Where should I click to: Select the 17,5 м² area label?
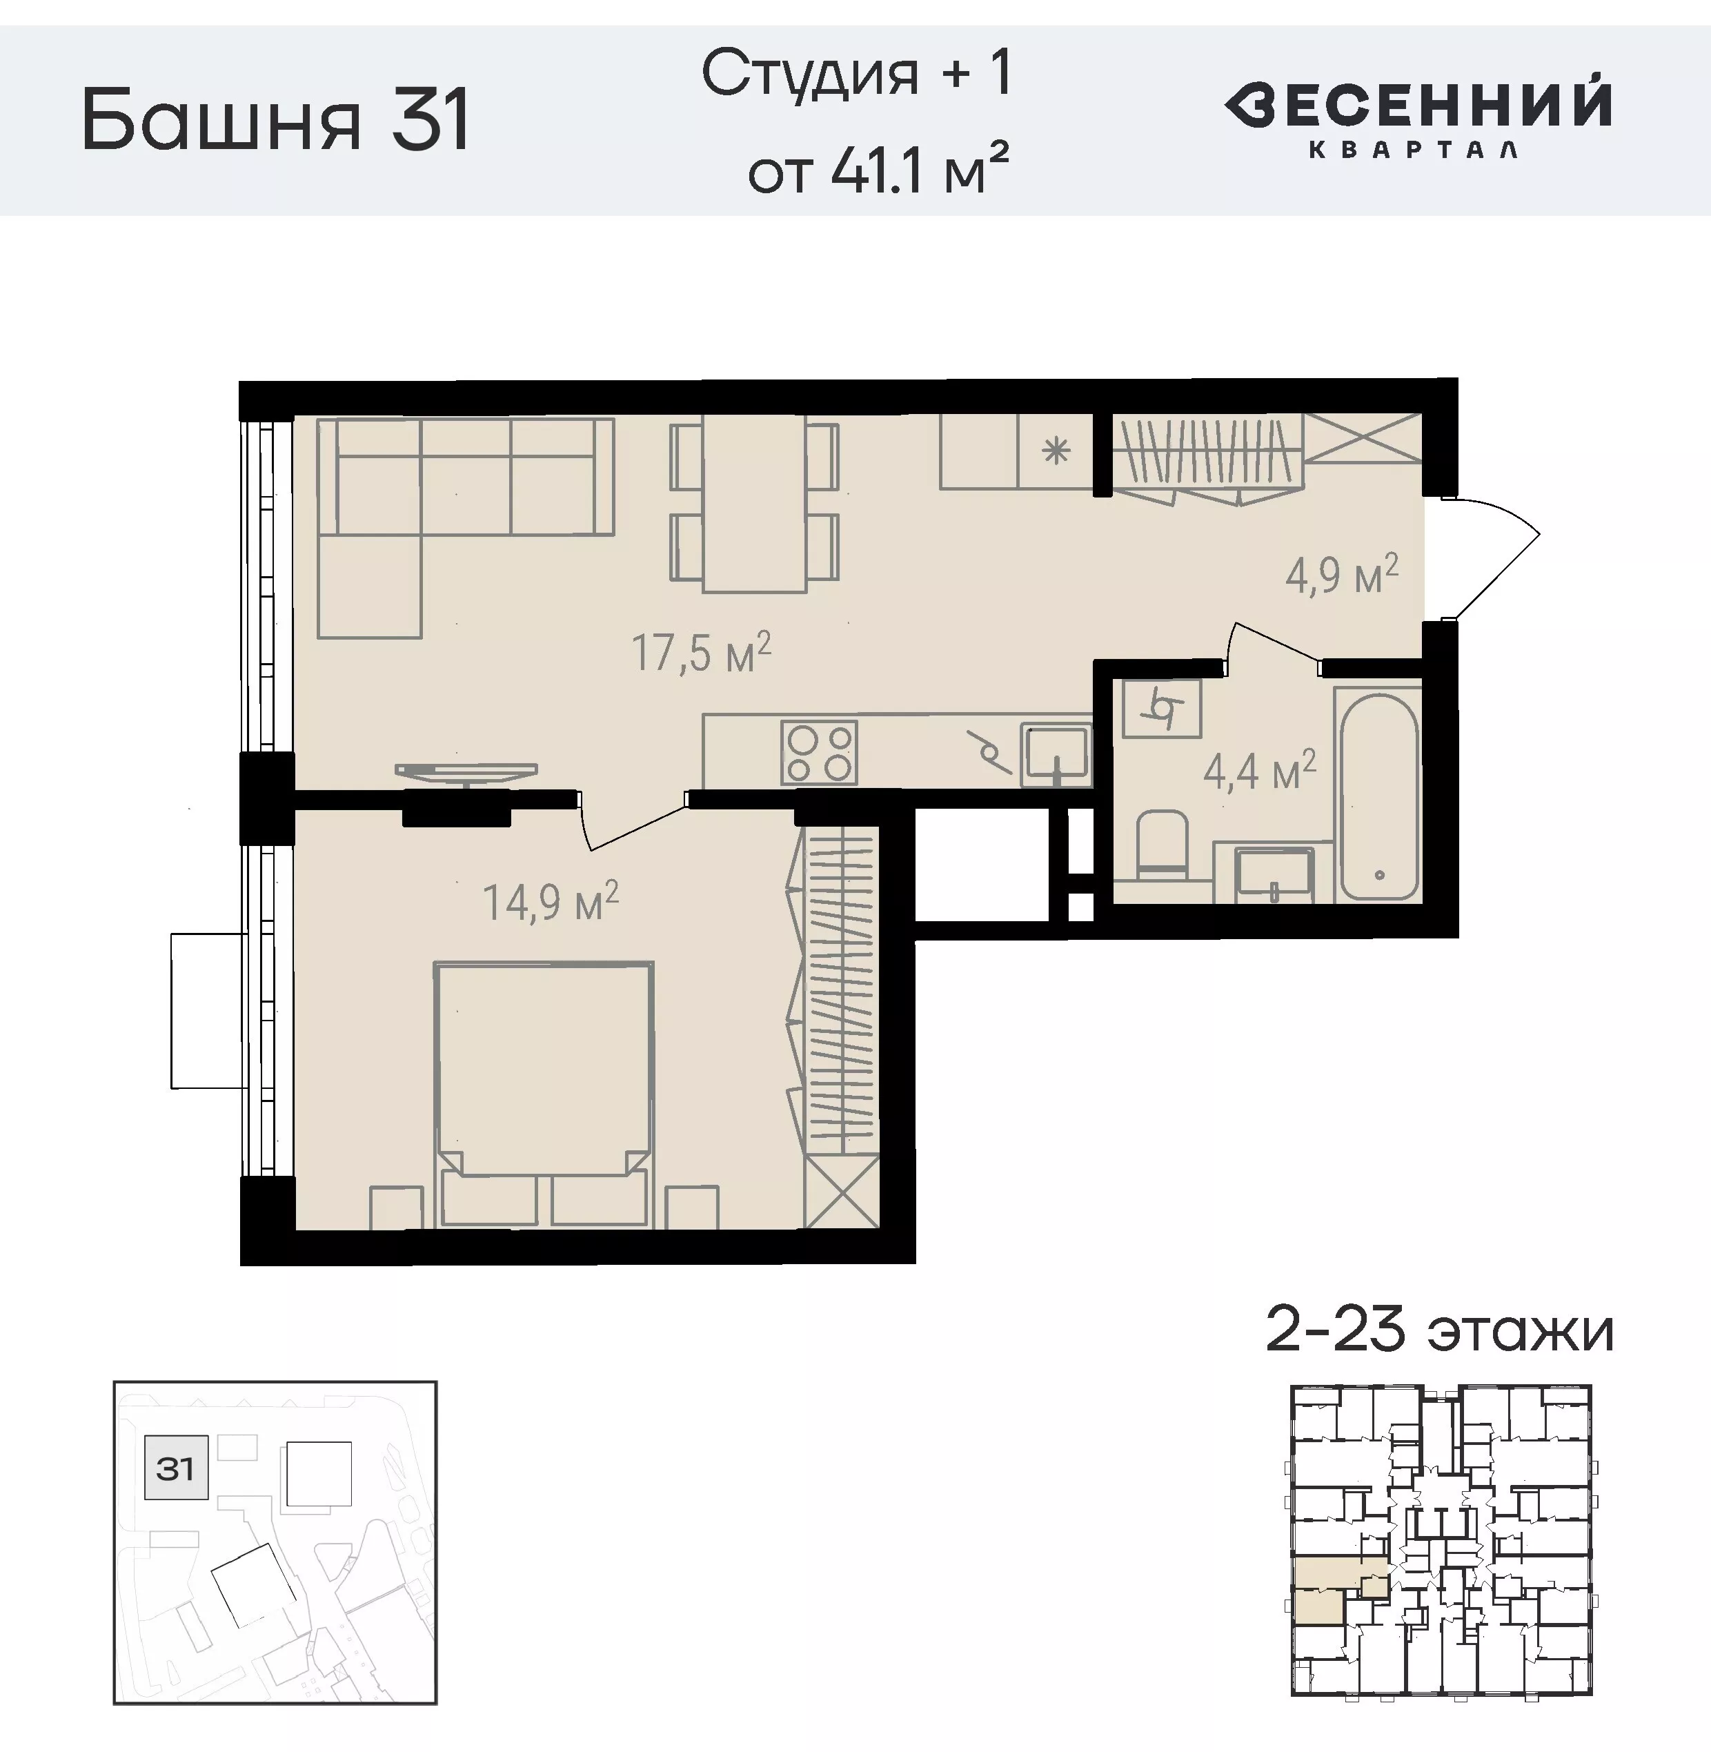coord(702,653)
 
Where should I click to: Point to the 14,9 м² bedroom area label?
coord(551,902)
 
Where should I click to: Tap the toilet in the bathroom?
coord(1162,844)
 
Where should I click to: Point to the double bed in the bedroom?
coord(543,1094)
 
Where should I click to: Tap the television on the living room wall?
coord(466,773)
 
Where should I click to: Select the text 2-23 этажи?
coord(1438,1331)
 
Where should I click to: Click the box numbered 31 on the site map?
coord(176,1468)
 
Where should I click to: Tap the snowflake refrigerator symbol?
coord(1056,451)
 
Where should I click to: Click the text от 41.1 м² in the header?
coord(878,168)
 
